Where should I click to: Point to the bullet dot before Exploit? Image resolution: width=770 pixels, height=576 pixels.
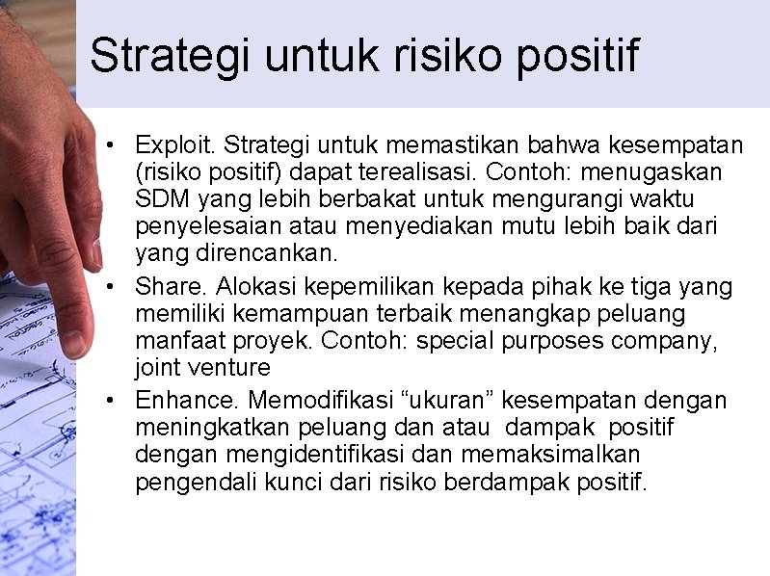pos(113,146)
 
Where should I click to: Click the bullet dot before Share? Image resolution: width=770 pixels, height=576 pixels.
pos(113,288)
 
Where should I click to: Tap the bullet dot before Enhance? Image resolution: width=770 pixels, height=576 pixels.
pos(113,401)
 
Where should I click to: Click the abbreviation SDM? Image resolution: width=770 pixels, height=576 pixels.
pos(161,199)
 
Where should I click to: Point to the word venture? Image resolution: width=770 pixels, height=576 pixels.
pos(230,368)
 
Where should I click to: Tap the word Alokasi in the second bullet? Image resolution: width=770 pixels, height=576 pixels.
pos(257,287)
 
